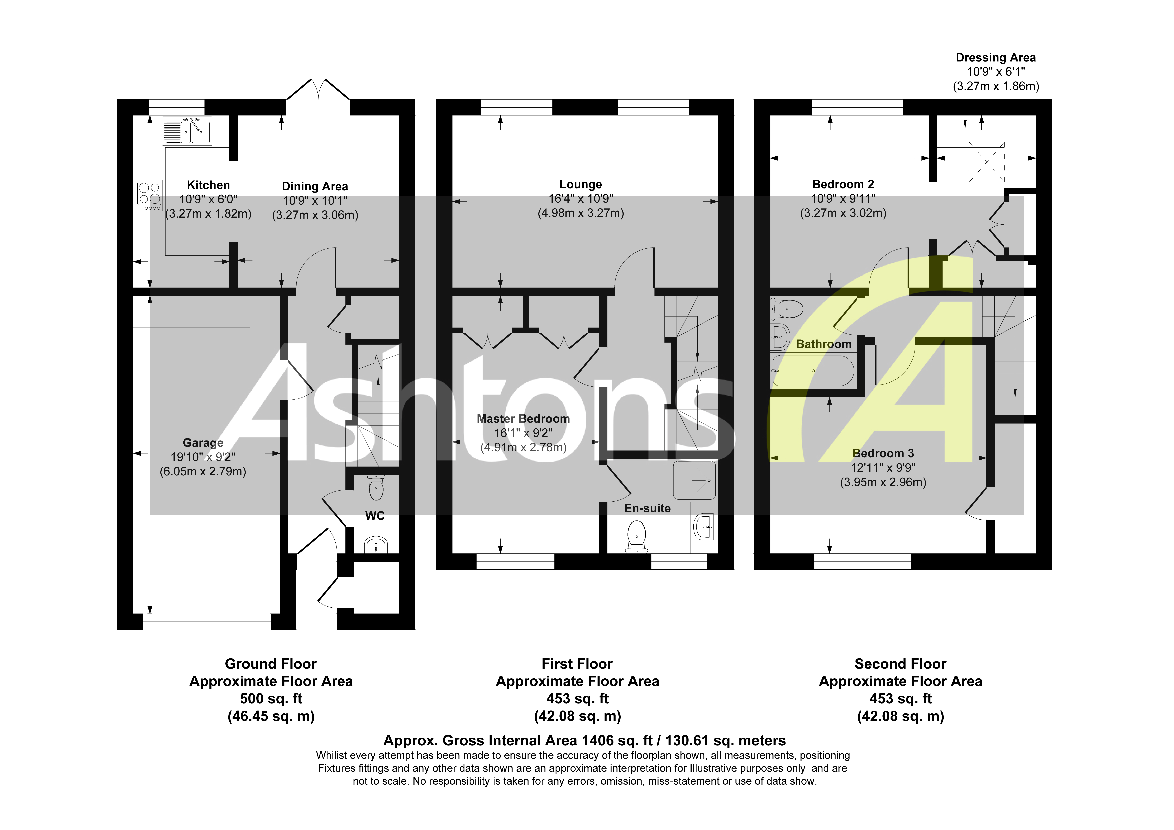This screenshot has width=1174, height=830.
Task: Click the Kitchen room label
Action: pos(208,185)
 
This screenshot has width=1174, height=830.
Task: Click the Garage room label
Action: pos(203,443)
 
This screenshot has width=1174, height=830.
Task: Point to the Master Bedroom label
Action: pos(523,419)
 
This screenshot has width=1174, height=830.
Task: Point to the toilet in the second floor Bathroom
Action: pos(787,309)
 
